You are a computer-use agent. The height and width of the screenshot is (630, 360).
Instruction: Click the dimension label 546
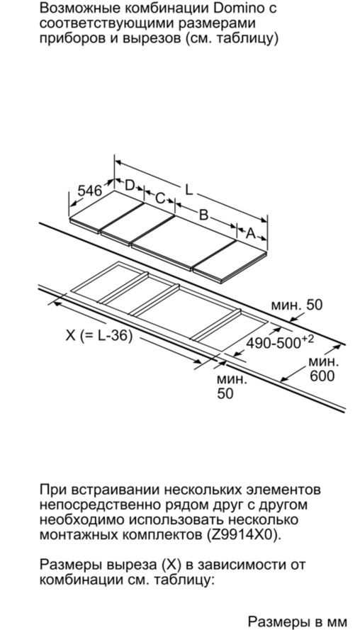90,191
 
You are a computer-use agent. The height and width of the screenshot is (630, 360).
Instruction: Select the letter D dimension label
130,185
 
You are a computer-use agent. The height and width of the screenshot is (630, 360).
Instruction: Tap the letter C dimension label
160,198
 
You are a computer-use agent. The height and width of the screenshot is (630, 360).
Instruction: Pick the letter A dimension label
251,233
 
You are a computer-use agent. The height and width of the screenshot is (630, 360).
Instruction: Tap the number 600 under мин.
322,376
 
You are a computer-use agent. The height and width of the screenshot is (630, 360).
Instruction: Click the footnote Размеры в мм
298,621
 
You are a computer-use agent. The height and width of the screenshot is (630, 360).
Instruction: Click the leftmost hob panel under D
107,210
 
